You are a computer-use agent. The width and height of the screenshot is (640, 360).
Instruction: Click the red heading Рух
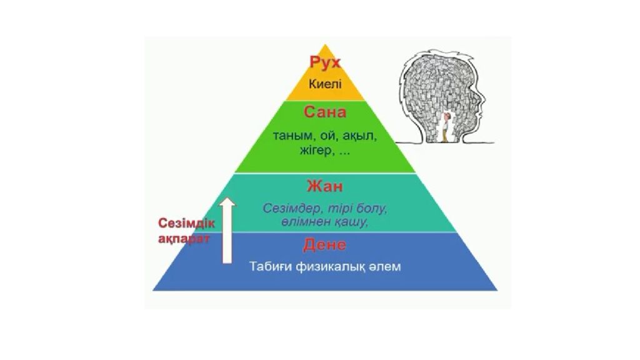click(325, 63)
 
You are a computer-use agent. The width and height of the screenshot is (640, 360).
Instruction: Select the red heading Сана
click(325, 112)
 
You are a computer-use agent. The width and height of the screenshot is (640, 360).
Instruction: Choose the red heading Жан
click(325, 186)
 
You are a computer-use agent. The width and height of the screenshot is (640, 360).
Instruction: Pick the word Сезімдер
click(290, 207)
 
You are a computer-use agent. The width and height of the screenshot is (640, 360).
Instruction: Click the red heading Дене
click(325, 244)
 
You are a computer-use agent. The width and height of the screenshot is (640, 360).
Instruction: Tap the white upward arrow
click(227, 231)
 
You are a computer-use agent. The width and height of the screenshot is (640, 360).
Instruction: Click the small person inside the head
click(445, 127)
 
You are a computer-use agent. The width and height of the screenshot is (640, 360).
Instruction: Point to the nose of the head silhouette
click(481, 99)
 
